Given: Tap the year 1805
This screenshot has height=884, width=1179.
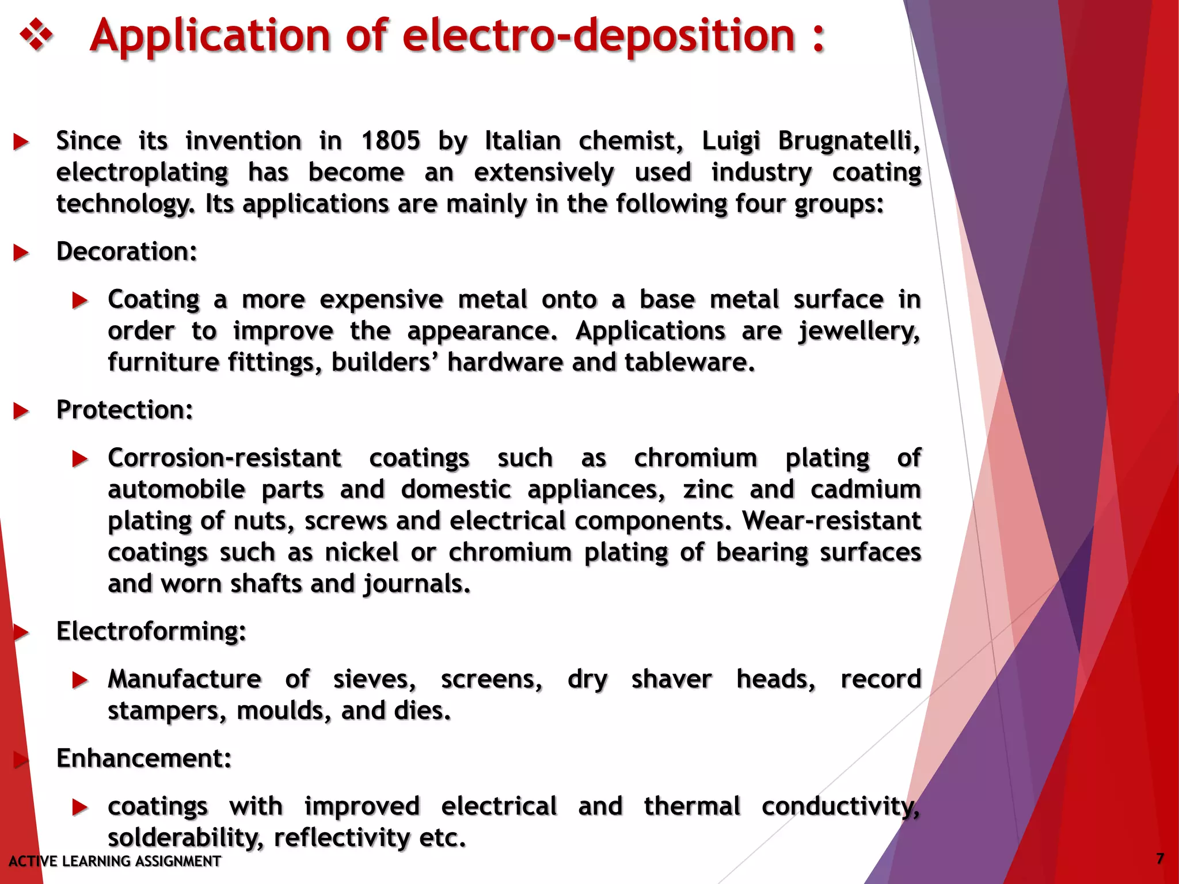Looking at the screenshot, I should (391, 141).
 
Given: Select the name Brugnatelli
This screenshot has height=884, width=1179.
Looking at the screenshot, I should (849, 141).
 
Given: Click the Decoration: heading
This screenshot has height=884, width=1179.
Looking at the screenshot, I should (127, 252).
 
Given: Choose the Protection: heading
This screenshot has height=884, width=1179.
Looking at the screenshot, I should (124, 410).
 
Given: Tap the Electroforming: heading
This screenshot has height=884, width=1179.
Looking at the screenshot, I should (151, 631).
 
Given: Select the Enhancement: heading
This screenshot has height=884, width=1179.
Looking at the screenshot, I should (144, 758).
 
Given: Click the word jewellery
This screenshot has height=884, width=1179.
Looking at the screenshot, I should (859, 331).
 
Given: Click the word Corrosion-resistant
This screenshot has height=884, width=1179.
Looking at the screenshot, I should (225, 458).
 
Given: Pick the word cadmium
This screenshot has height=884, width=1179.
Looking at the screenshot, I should (866, 490).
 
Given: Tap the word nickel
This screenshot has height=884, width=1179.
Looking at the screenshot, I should (362, 552).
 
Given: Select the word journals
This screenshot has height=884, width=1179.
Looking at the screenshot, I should (417, 584).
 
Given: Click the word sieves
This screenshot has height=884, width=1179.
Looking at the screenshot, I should (374, 679).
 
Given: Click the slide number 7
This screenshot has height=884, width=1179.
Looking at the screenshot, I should (1160, 859).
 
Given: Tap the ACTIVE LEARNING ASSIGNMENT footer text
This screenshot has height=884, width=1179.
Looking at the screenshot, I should (115, 861).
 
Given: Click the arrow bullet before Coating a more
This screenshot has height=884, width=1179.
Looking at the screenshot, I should (80, 300).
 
